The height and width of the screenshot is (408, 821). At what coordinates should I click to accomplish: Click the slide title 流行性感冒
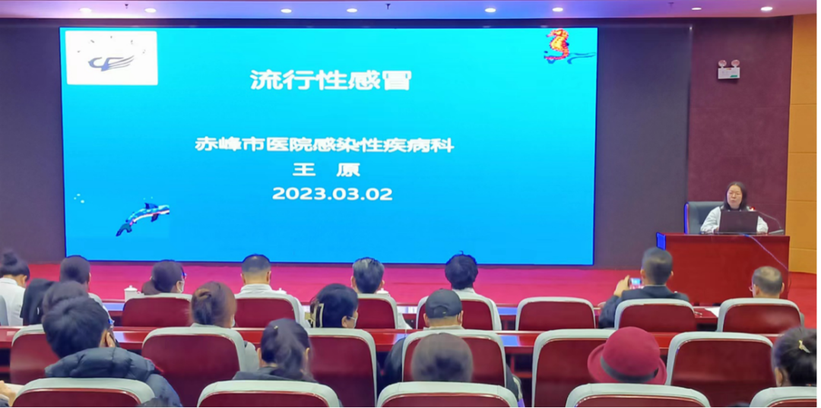[331, 80]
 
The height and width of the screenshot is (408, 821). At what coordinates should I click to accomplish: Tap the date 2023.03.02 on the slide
[332, 194]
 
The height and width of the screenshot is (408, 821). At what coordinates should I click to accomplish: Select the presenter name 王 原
[326, 169]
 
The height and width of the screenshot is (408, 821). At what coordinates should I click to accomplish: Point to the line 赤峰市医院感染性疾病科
[324, 144]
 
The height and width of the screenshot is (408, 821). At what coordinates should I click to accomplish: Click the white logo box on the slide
[112, 58]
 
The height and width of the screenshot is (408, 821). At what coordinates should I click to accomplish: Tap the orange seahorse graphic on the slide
[559, 45]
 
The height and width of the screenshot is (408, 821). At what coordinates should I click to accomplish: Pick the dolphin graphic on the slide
[142, 217]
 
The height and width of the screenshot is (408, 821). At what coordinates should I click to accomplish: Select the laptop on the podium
[738, 222]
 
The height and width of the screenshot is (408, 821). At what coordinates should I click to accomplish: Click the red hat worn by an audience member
[626, 356]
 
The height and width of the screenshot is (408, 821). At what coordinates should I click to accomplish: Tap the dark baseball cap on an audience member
[443, 303]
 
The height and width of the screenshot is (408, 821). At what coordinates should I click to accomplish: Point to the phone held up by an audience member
[636, 283]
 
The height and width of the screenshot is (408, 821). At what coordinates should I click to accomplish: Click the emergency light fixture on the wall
[728, 70]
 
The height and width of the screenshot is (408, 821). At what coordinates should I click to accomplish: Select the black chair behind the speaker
[701, 216]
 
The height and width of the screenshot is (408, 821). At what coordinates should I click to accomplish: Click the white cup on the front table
[130, 293]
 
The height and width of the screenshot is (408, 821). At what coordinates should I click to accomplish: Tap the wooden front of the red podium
[726, 267]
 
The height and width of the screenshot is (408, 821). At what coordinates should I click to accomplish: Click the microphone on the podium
[772, 223]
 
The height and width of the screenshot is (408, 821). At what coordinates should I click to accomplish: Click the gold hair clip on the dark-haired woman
[802, 346]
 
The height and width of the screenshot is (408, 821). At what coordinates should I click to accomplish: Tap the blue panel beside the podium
[661, 241]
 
